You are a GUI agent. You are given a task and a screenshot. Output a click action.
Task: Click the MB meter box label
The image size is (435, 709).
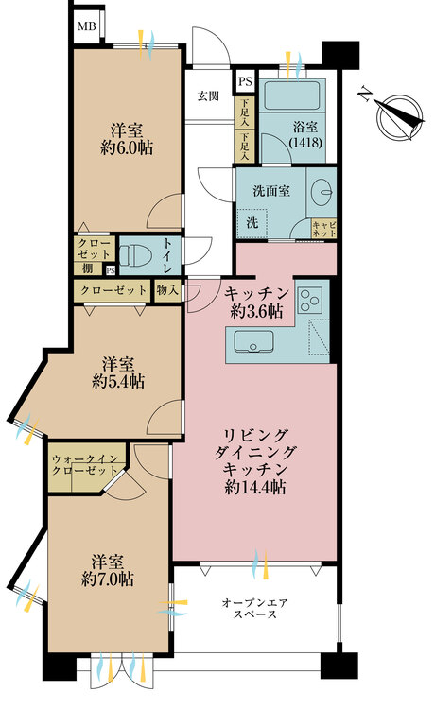pyautogui.click(x=87, y=26)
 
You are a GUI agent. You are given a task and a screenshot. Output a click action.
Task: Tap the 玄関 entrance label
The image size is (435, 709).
pyautogui.click(x=208, y=95)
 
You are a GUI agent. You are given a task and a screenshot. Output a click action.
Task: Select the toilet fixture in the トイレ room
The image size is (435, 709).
pyautogui.click(x=134, y=255)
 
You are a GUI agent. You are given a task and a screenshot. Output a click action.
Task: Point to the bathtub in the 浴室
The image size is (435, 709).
pyautogui.click(x=292, y=95)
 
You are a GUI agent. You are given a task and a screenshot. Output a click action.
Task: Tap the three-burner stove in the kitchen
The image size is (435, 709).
pyautogui.click(x=309, y=299)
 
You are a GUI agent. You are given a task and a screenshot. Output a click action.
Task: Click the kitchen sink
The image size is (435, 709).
pyautogui.click(x=253, y=342)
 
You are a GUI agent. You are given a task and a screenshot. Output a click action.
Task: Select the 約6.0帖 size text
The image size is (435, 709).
pyautogui.click(x=127, y=147)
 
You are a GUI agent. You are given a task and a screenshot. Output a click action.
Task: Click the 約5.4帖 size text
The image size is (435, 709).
pyautogui.click(x=118, y=382)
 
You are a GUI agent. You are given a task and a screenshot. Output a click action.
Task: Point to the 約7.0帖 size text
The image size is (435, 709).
pyautogui.click(x=107, y=579)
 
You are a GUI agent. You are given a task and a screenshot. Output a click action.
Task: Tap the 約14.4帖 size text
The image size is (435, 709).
pyautogui.click(x=255, y=487)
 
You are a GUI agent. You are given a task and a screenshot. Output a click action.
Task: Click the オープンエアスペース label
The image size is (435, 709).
pyautogui.click(x=255, y=608)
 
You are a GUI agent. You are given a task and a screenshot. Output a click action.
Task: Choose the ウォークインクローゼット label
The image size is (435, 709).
pyautogui.click(x=85, y=465)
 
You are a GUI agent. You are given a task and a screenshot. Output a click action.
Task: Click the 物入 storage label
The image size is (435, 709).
pyautogui.click(x=167, y=291)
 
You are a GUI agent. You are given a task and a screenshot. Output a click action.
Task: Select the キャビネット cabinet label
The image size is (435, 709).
pyautogui.click(x=324, y=229)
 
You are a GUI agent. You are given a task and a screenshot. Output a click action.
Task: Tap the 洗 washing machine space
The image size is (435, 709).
pyautogui.click(x=252, y=222)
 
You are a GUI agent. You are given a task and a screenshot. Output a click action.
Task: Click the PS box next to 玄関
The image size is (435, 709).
pyautogui.click(x=245, y=82)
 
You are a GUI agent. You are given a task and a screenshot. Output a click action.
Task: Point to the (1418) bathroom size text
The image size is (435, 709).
pyautogui.click(x=306, y=143)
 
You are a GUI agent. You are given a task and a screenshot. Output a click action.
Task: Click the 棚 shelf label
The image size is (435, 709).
pyautogui.click(x=88, y=268)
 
